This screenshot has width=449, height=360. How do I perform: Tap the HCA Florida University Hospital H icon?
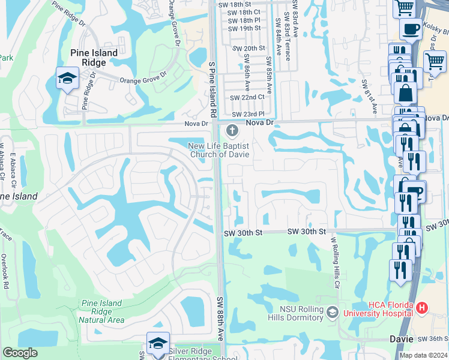point(422,308)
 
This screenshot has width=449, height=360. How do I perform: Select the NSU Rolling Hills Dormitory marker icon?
point(332,311)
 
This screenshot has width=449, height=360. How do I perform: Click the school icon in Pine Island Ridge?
point(67,77)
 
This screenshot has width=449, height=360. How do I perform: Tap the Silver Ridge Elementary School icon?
point(158,344)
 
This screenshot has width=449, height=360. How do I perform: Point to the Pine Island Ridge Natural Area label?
point(101,311)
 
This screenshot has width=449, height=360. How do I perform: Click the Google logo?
point(20,353)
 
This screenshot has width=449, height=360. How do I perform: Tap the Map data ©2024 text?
point(423,355)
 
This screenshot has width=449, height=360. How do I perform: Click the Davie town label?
point(401,339)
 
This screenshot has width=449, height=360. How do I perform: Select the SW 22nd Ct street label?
point(247,97)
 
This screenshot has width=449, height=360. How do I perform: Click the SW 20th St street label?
point(247,48)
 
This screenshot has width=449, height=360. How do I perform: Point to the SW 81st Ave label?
point(369,97)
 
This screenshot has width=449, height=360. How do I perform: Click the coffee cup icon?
point(411,29)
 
